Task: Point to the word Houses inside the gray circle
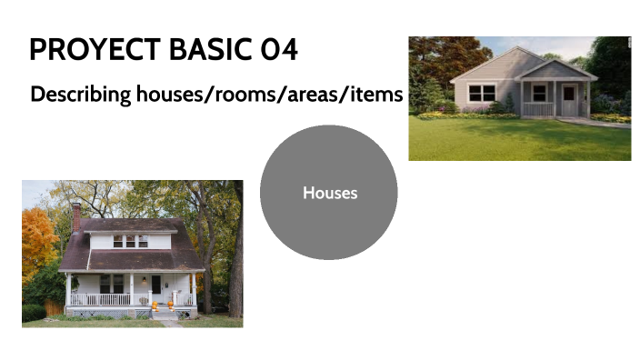click(x=329, y=193)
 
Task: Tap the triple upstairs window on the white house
click(x=130, y=241)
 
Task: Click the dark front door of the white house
click(x=155, y=285)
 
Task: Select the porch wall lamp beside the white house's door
click(x=167, y=278)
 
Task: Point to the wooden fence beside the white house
click(x=54, y=308)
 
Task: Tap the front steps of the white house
click(x=165, y=315)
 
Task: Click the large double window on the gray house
click(x=482, y=93)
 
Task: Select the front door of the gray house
click(x=568, y=98)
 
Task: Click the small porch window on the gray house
click(x=539, y=93)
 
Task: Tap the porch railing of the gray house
click(x=538, y=109)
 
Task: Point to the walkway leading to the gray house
click(x=605, y=122)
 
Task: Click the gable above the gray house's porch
click(x=554, y=70)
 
